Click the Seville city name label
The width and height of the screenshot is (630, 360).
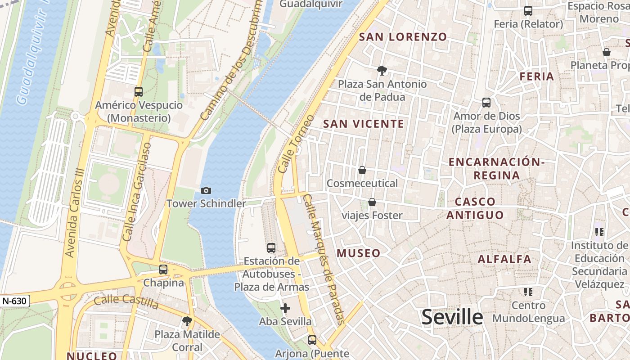pos(452,317)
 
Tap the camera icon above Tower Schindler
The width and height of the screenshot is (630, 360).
pos(206,190)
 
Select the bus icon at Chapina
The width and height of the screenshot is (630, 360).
pos(163,270)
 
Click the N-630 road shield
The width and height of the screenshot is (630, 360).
pos(15,301)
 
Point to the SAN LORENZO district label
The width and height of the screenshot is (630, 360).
pos(403,37)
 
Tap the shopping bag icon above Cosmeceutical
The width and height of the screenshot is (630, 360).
pos(362,170)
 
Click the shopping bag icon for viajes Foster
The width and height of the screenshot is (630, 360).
pos(372,202)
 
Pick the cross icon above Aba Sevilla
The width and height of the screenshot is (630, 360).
pos(285,308)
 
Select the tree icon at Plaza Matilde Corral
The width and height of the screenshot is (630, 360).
pos(187,321)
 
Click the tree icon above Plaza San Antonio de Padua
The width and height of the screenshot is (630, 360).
pos(382,70)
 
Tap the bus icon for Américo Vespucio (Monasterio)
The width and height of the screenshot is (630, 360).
pos(139,92)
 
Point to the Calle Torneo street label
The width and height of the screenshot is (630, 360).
pos(296,144)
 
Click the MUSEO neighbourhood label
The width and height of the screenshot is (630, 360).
pos(359,253)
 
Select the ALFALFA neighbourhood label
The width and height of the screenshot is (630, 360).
pos(504,259)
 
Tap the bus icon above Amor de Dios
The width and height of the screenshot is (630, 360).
pos(486,103)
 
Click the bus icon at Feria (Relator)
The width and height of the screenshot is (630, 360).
pos(528,11)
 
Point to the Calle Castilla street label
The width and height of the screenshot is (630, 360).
pos(126,301)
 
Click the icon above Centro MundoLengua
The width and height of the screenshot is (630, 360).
pos(528,292)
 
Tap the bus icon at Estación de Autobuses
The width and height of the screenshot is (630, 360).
pos(271,247)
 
